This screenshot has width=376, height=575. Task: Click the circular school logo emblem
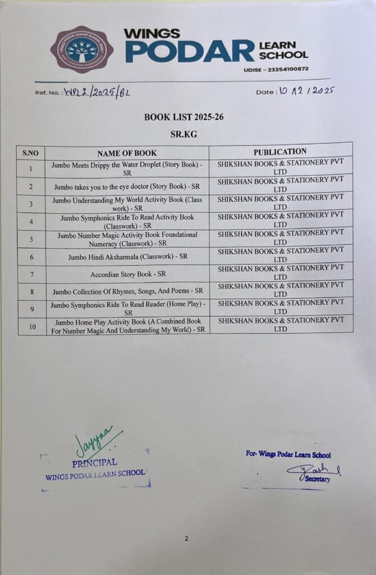click(82, 50)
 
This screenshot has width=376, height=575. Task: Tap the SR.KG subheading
click(184, 135)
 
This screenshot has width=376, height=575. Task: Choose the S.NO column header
click(31, 153)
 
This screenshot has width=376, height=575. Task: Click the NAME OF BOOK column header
click(127, 153)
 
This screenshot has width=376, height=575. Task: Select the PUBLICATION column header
click(280, 152)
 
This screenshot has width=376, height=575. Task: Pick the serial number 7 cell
click(31, 275)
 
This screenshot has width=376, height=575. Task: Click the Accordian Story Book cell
click(128, 275)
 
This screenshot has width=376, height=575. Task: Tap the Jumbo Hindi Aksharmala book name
click(128, 257)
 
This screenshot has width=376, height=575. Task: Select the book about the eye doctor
click(127, 186)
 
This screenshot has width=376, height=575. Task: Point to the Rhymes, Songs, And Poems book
click(128, 292)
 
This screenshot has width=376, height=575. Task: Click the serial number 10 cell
click(31, 327)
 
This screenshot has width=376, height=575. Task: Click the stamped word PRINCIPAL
click(95, 463)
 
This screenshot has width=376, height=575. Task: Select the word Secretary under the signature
click(318, 479)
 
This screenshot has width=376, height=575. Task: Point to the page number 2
click(186, 539)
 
